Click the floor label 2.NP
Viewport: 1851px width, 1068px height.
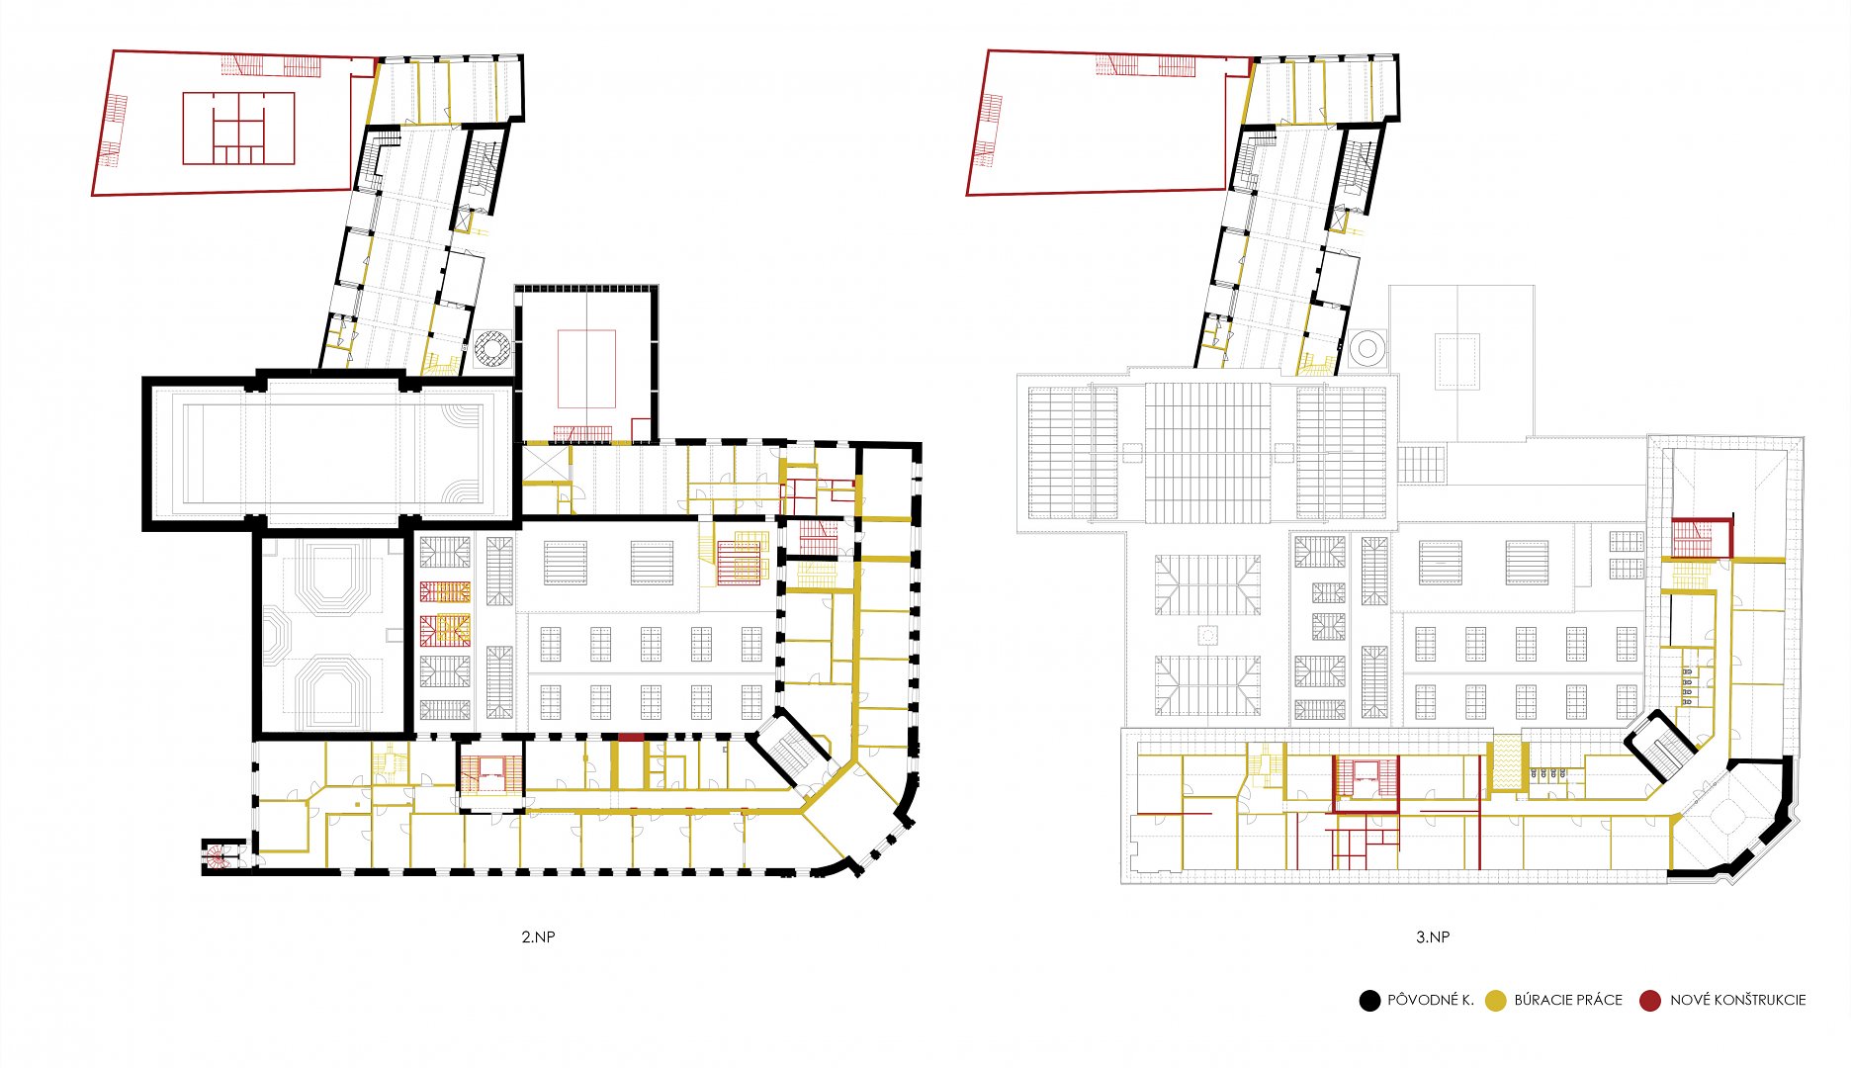point(538,936)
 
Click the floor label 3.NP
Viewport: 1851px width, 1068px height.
point(1432,936)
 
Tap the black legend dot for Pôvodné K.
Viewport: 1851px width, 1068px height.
point(1369,1001)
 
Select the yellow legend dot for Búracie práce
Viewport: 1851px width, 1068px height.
point(1496,1001)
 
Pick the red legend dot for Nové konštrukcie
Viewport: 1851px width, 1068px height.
point(1650,1001)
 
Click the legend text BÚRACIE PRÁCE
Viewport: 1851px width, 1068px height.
point(1568,1000)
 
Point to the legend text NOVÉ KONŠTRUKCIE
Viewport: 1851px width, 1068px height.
point(1737,1000)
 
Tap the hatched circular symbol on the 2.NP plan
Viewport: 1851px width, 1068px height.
point(491,348)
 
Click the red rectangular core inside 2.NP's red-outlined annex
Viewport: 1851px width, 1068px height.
point(238,129)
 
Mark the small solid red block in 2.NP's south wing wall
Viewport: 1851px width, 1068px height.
point(631,737)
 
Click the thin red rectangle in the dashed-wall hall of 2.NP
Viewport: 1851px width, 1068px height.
point(586,369)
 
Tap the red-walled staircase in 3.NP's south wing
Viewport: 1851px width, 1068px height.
point(1366,783)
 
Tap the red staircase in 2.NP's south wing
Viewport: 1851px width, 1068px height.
point(490,775)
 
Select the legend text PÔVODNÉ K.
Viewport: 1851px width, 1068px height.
point(1430,1000)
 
